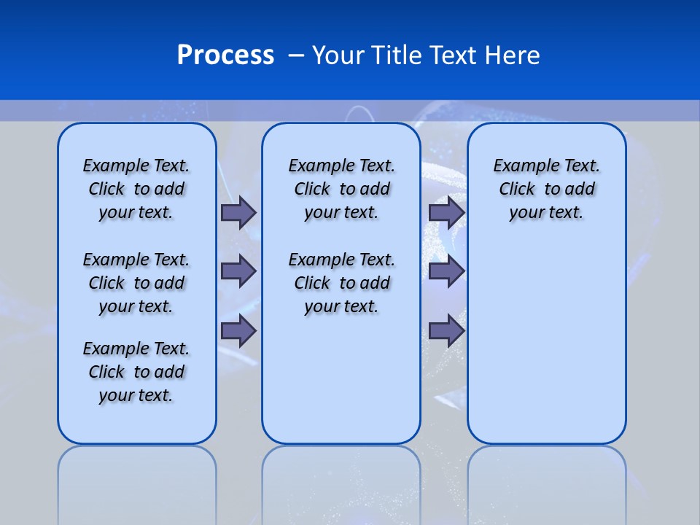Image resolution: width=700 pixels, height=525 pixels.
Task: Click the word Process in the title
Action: [x=225, y=55]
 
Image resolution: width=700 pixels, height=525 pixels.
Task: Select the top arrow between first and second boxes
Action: [x=238, y=212]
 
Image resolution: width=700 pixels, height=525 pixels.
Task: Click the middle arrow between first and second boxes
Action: [x=238, y=271]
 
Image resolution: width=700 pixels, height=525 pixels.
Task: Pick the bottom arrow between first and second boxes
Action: [x=238, y=331]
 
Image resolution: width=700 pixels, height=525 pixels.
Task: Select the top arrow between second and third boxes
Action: [x=446, y=212]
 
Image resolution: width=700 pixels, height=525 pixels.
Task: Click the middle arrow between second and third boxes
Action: [x=446, y=271]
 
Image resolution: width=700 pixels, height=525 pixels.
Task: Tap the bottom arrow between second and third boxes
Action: [x=446, y=331]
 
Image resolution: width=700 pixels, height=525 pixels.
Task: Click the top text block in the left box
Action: [x=136, y=189]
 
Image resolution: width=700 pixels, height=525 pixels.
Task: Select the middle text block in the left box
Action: [x=136, y=283]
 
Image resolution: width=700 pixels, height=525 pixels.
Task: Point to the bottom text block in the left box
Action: [x=136, y=372]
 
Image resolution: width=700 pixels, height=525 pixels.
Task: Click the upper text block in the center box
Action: [x=341, y=189]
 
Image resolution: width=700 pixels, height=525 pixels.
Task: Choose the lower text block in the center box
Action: [x=341, y=283]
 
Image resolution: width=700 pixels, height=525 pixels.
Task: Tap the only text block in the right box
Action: [x=547, y=189]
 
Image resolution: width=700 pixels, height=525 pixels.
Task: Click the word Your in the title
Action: [x=338, y=55]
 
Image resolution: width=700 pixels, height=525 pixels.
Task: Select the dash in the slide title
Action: [x=297, y=55]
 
